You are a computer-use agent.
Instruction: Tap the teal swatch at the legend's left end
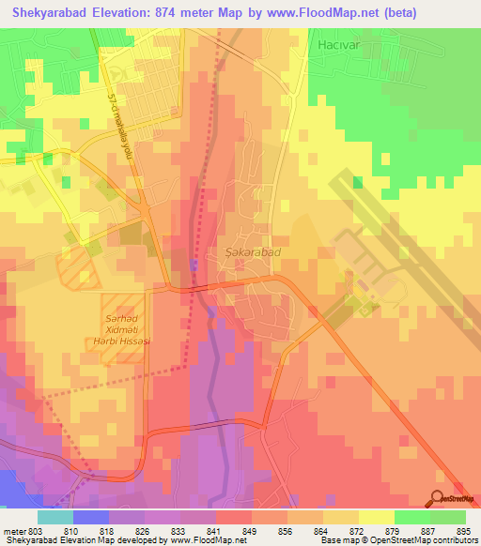[54, 517]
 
